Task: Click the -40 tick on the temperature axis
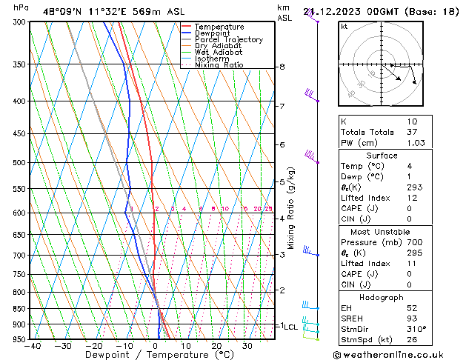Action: point(33,346)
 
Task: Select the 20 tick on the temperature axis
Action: point(216,346)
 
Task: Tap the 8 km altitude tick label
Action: point(282,67)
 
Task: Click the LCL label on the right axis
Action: point(290,326)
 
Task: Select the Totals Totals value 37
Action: point(412,132)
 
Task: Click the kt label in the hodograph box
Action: point(344,27)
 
